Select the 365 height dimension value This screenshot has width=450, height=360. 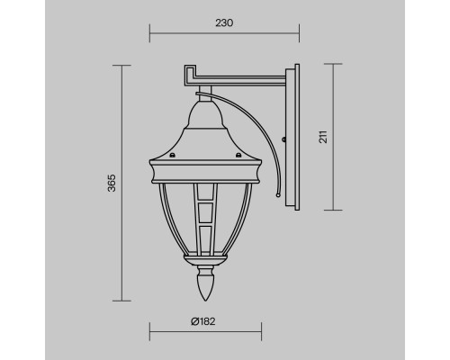109,184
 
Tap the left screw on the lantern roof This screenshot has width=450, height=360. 166,156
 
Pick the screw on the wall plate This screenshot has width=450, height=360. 285,140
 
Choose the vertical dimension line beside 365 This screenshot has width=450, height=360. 121,184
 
